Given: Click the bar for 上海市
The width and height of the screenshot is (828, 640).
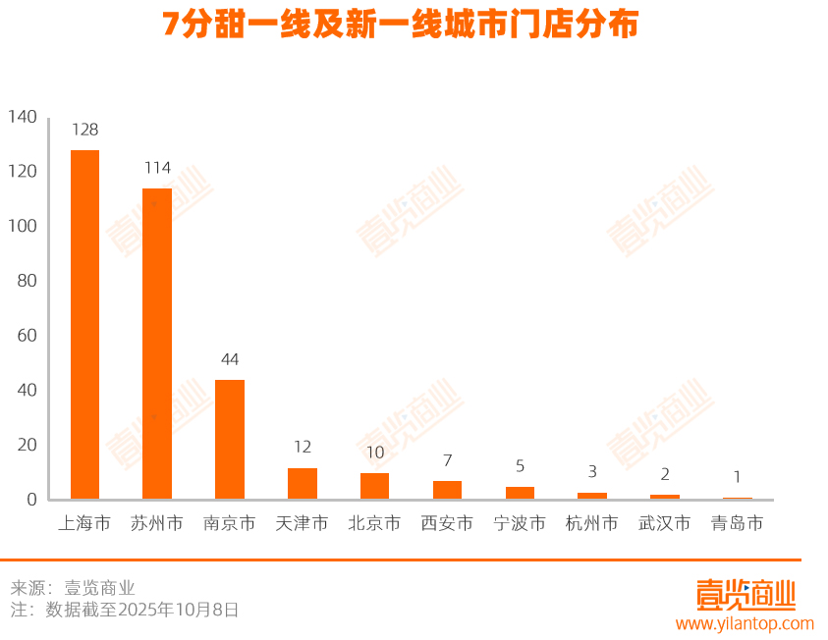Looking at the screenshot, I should (x=84, y=324).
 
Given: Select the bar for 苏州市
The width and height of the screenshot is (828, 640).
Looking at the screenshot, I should (x=157, y=344).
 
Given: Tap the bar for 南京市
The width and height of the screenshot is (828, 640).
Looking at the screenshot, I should (x=230, y=439).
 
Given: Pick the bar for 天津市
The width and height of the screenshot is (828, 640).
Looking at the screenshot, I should (x=303, y=483).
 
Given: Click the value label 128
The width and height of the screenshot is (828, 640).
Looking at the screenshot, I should (x=84, y=130).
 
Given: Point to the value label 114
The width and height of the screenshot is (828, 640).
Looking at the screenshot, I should (x=157, y=168).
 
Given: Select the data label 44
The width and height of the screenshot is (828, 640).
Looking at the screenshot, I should (x=230, y=359).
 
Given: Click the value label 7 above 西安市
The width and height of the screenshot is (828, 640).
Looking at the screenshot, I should (x=447, y=460).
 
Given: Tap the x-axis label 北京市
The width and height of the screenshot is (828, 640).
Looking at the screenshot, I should (x=374, y=524).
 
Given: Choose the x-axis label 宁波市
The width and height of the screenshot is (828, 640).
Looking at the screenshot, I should (x=520, y=524).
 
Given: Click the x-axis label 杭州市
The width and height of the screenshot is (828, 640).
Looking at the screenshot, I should (x=592, y=524).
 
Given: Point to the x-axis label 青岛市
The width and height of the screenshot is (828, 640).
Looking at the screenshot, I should (x=737, y=524).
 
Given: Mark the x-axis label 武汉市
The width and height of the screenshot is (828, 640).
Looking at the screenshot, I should (x=665, y=524).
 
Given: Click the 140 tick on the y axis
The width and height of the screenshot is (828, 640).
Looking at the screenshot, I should (x=23, y=117).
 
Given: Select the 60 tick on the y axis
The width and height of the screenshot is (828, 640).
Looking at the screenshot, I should (x=27, y=336).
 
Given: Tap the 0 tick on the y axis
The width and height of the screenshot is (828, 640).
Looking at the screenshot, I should (x=31, y=500).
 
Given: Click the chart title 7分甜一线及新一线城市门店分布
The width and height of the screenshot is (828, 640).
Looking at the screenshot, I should (x=401, y=25).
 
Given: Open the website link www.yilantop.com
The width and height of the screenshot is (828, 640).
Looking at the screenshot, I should (x=744, y=623).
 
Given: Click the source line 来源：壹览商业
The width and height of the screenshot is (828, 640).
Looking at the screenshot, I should (x=73, y=588).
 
